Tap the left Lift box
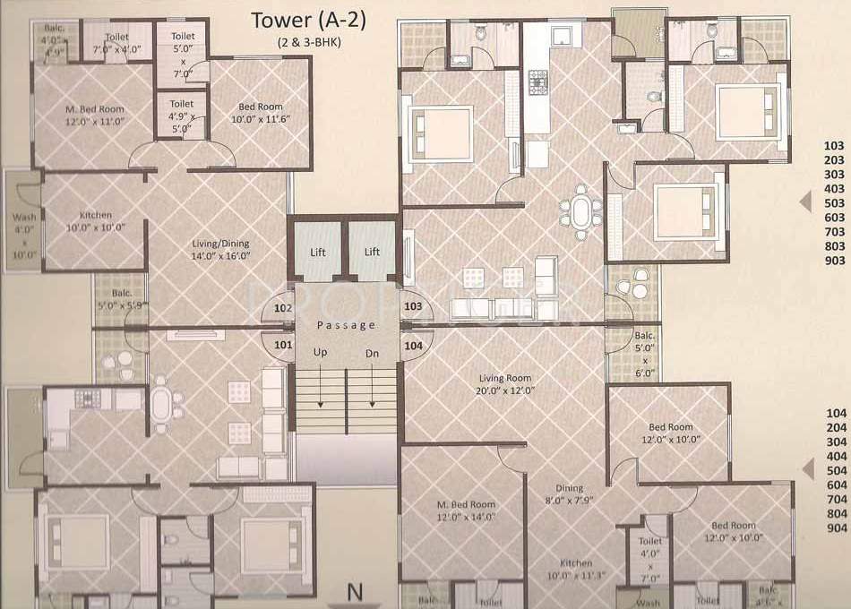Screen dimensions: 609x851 (318, 252)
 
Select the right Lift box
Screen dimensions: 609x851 (372, 252)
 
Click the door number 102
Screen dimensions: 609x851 (283, 308)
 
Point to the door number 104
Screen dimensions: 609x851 (413, 344)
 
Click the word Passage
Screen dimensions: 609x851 (346, 325)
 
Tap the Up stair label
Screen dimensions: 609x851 (320, 353)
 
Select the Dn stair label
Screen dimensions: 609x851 (372, 353)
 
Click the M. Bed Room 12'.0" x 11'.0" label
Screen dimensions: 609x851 (94, 116)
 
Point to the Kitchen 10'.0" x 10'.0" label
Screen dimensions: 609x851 (96, 220)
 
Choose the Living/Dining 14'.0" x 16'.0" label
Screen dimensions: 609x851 (220, 250)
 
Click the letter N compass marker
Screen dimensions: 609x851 (356, 592)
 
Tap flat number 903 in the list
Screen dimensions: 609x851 (834, 261)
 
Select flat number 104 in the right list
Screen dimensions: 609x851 (834, 414)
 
